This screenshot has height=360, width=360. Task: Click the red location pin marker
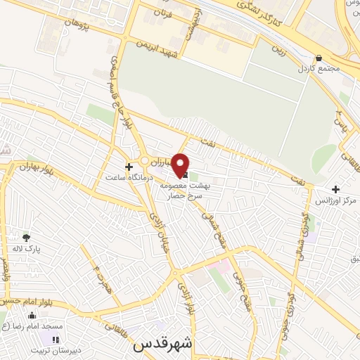[x=181, y=165]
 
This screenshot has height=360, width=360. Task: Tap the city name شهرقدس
[x=163, y=345]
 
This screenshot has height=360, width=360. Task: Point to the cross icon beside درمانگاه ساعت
[x=128, y=167]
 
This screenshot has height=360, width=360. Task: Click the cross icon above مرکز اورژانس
[x=336, y=190]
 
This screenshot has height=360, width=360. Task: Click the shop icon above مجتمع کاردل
[x=319, y=58]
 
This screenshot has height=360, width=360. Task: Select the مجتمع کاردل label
[x=324, y=69]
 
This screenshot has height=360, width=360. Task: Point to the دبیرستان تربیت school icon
[x=55, y=339]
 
